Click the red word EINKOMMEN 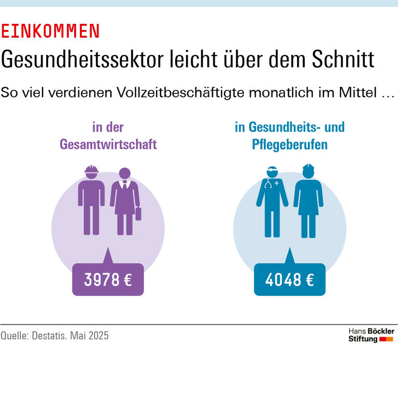[50, 32]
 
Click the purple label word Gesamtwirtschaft [108, 145]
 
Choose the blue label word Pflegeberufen [290, 145]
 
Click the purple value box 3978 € [108, 280]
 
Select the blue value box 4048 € [290, 280]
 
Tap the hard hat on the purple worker [91, 171]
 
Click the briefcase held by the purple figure [138, 213]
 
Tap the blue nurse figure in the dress [308, 202]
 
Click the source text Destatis [51, 335]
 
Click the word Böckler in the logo [381, 331]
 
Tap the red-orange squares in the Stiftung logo [387, 339]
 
